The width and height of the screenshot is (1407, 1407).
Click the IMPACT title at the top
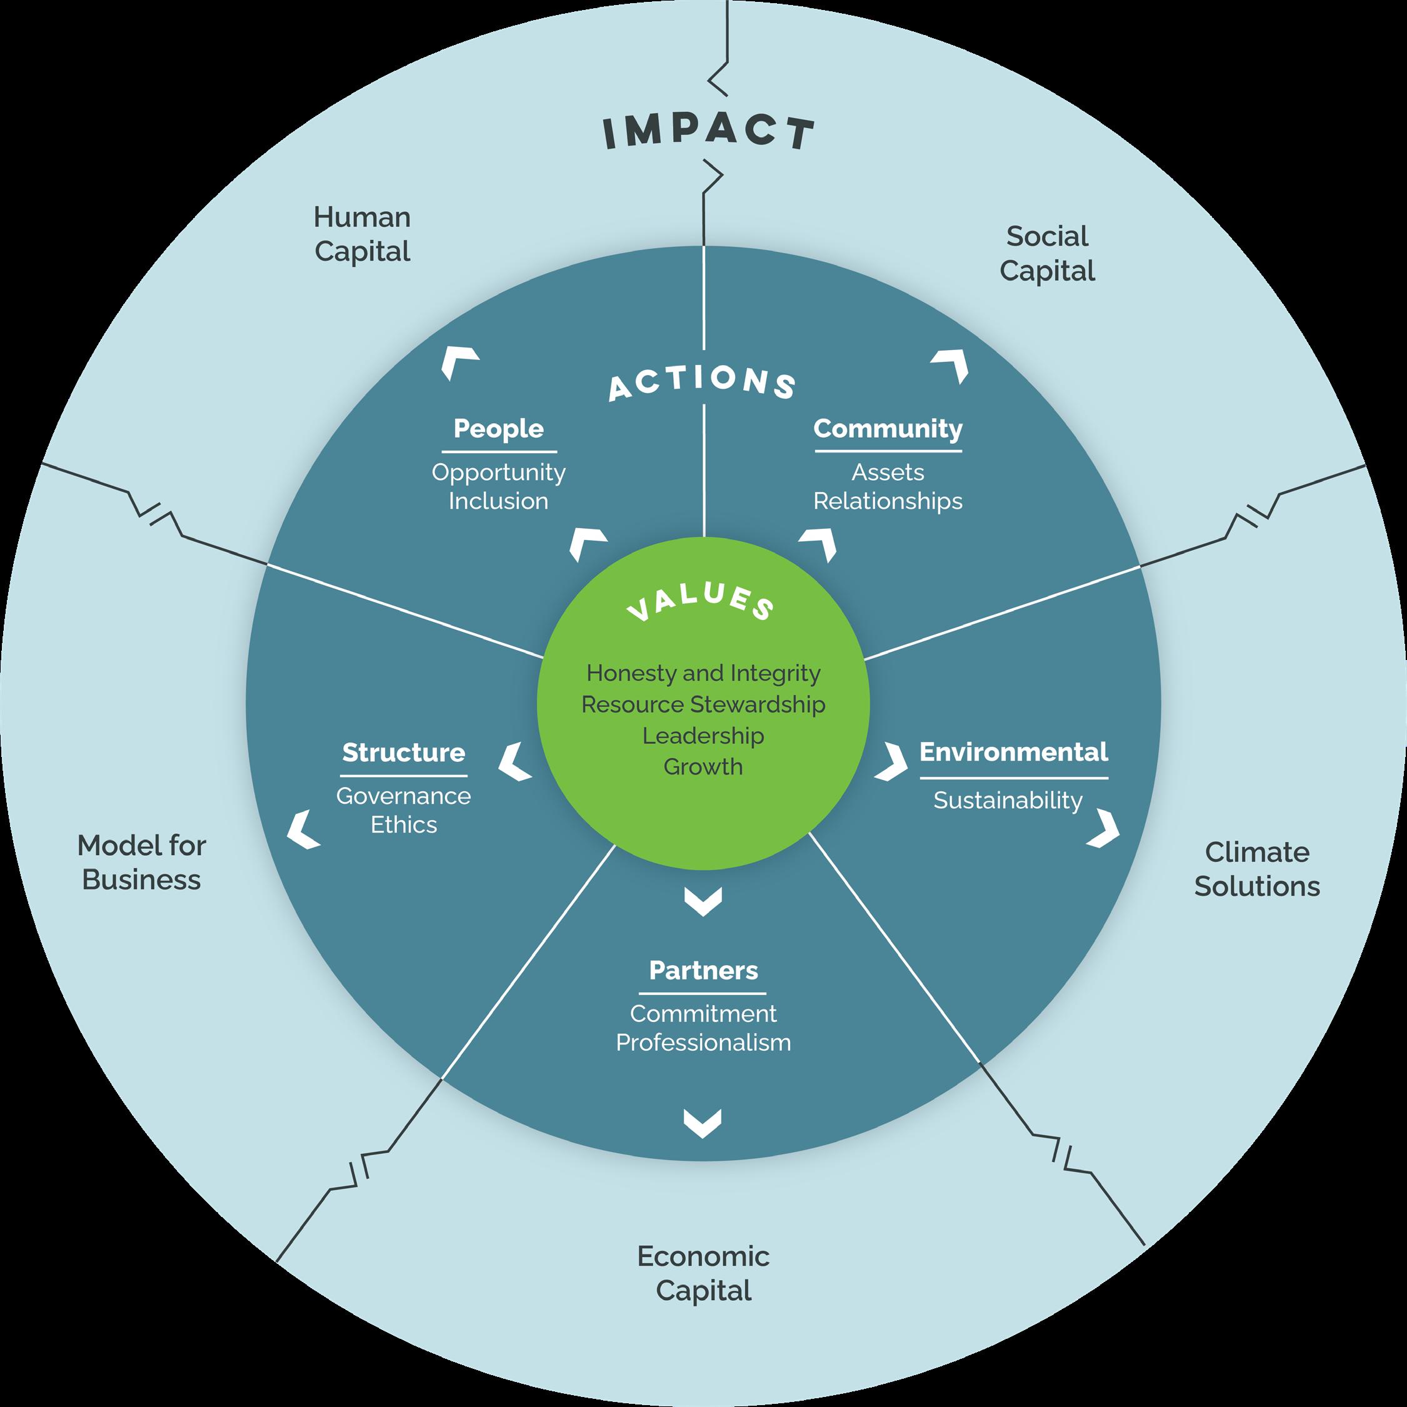(708, 133)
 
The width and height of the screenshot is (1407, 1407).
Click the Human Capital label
(362, 234)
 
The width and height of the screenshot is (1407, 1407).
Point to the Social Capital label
(1046, 253)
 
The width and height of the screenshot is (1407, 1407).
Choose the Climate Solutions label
(1257, 869)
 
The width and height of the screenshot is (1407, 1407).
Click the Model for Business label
(141, 862)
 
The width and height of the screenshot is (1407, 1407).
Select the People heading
(498, 429)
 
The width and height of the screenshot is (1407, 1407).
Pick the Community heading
(888, 429)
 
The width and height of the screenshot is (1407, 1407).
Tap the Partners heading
(704, 970)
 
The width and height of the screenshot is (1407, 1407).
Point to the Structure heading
(403, 753)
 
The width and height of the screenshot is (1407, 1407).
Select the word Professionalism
(704, 1042)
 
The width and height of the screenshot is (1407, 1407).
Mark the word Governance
(403, 796)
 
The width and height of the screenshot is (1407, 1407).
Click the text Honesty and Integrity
(704, 673)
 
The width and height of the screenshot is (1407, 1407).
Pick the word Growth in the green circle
(704, 767)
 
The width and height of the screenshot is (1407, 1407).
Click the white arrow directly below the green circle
(704, 901)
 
